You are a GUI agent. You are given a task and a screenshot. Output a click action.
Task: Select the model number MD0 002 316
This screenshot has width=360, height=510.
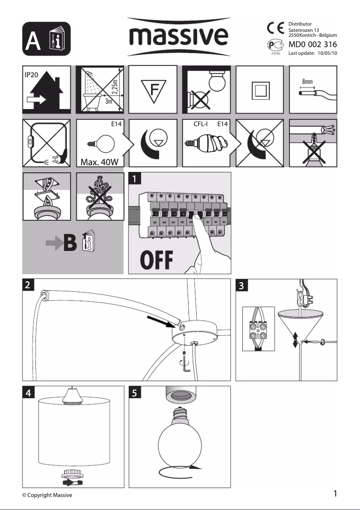pos(312,44)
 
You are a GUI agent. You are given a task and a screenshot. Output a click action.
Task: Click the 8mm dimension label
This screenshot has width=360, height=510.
pos(307,82)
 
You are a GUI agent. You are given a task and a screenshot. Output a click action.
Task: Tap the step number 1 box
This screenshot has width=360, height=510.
pos(134,178)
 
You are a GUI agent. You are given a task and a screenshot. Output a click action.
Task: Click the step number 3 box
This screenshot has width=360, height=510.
pos(241,285)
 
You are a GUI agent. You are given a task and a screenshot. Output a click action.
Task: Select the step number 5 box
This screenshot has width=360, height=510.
pos(134,393)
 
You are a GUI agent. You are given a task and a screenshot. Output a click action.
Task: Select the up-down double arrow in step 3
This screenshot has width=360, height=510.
pos(295,340)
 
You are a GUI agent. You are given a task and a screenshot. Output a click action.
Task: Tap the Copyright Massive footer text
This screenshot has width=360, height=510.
pos(47,495)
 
